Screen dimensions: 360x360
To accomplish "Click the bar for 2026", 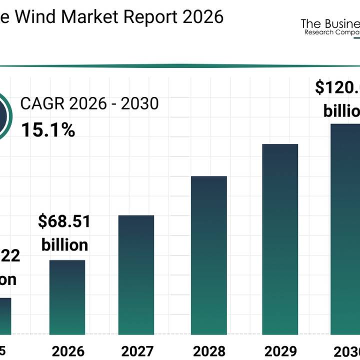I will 67,297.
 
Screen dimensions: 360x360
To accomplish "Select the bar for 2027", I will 136,274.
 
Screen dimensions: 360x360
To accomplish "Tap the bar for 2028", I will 208,255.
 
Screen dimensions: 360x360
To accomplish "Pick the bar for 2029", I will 280,239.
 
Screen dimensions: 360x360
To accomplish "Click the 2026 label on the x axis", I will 67,349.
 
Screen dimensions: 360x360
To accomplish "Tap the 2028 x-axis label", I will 208,349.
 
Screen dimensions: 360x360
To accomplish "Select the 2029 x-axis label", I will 280,349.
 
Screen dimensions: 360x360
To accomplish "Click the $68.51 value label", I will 64,221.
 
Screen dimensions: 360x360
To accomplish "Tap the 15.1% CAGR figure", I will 48,130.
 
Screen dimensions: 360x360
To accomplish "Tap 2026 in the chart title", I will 203,16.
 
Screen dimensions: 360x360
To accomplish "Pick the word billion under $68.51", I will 64,245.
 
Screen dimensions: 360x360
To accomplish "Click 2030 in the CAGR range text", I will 138,104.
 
